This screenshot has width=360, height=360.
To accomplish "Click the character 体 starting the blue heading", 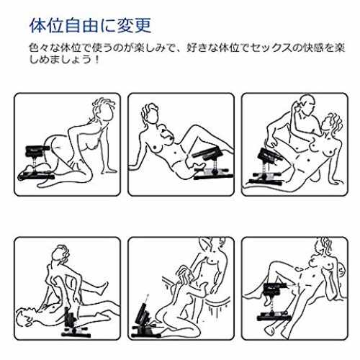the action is [37, 25].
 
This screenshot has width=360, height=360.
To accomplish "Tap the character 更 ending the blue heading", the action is [143, 25].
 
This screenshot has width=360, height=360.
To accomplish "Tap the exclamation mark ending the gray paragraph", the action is [97, 59].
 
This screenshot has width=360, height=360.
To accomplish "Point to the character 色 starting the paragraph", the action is [34, 48].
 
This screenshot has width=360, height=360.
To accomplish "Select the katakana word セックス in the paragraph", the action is [270, 48].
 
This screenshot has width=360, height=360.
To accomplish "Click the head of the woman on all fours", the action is [104, 110].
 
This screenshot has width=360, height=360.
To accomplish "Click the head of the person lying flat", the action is [25, 317].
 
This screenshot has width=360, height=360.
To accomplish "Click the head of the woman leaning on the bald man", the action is [333, 124].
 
